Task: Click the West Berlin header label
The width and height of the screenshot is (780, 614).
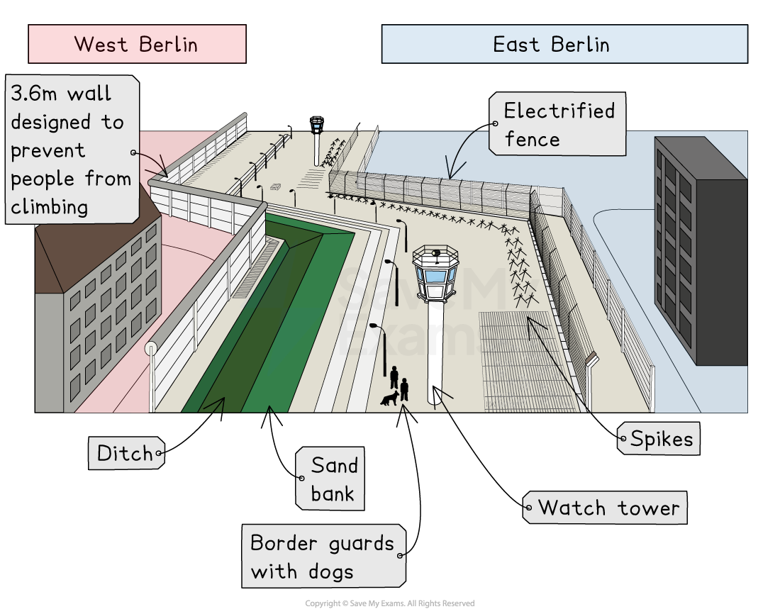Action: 137,44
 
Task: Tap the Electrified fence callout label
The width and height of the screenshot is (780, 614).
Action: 558,124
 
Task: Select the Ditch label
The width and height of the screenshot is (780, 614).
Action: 126,453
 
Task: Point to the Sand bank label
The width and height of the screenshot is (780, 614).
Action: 330,479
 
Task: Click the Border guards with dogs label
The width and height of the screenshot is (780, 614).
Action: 323,557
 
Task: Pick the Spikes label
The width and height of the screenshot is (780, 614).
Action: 659,439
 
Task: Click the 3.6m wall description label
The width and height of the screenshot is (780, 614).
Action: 71,150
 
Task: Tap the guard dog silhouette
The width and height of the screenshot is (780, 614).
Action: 389,399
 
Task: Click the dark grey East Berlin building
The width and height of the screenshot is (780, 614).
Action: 699,248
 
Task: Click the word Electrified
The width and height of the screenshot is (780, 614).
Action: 559,111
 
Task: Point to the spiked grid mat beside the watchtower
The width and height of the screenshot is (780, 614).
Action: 525,362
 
